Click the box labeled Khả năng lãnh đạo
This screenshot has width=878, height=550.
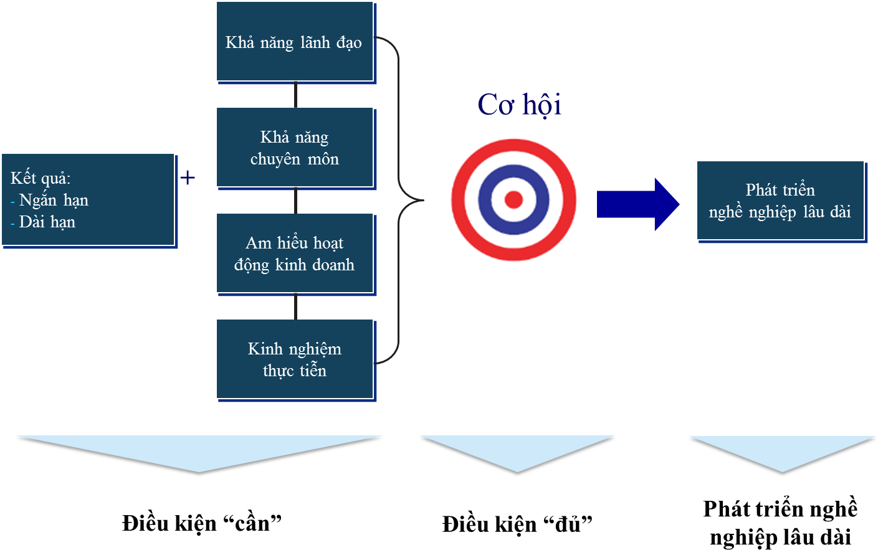[x=295, y=42]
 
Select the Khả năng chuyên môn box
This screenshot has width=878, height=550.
[x=295, y=148]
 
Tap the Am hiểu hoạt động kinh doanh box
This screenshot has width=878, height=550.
[x=295, y=254]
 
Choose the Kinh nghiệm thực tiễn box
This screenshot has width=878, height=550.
[x=295, y=359]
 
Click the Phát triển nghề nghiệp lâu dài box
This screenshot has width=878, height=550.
[x=780, y=201]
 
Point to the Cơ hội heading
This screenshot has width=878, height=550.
[x=519, y=105]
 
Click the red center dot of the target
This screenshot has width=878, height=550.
[x=513, y=199]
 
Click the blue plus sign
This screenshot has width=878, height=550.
[x=188, y=178]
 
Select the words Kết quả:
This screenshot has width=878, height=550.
[x=41, y=178]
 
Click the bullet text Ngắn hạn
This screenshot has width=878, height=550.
[x=54, y=200]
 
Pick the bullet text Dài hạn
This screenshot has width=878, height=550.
[x=47, y=222]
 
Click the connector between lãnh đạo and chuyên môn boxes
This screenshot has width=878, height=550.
[x=295, y=94]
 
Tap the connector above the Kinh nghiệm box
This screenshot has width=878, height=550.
[x=295, y=306]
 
